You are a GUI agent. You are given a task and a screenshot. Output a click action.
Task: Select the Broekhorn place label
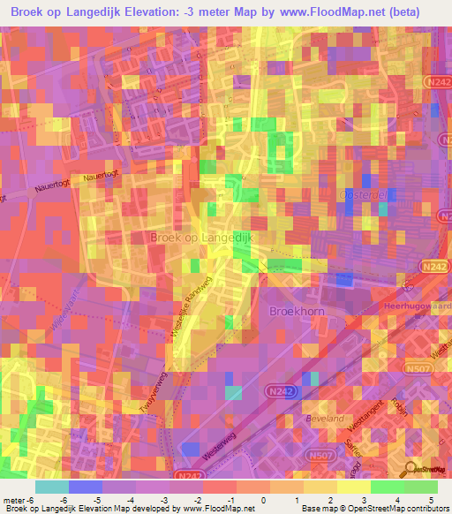click(x=293, y=312)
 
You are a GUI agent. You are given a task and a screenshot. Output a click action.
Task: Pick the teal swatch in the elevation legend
click(x=52, y=487)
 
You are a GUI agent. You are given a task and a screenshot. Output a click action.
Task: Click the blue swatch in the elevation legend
click(x=84, y=487)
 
